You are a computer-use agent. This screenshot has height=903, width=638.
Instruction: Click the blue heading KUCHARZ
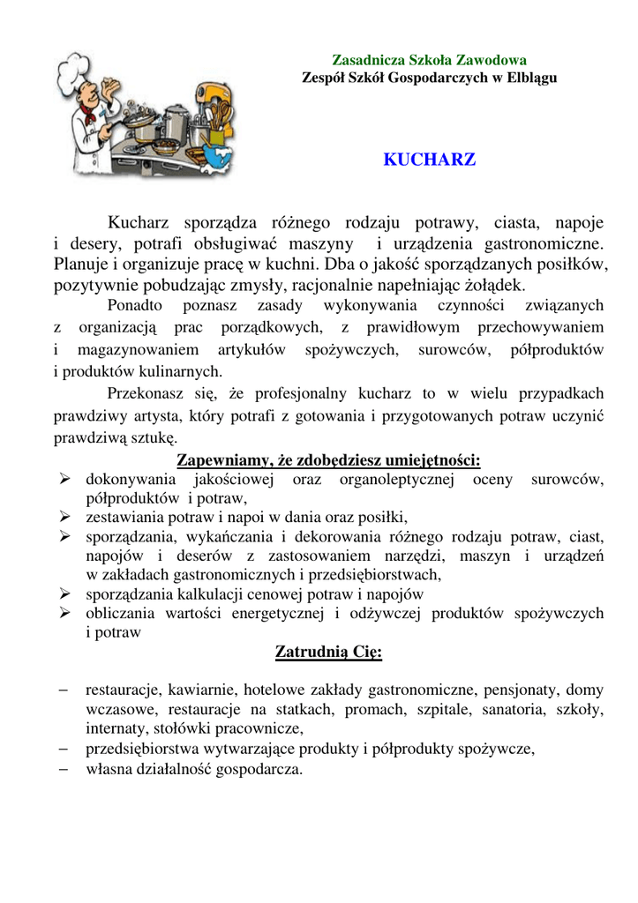pos(429,161)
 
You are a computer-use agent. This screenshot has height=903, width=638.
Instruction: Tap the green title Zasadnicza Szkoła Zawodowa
pos(429,61)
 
